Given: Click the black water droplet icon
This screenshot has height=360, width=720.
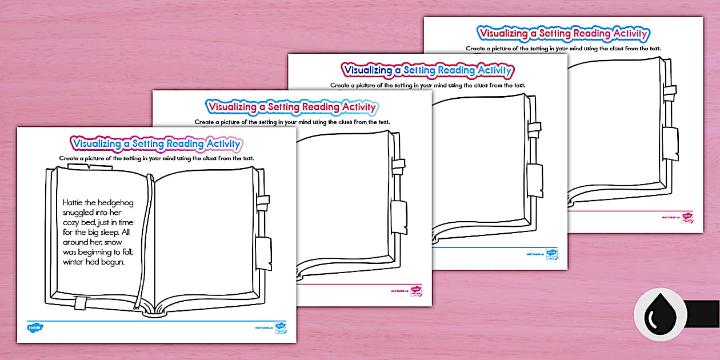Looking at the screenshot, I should [660, 315].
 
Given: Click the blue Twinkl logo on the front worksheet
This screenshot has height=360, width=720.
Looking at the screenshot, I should [35, 327].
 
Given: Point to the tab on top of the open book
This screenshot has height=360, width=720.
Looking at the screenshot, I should [90, 166].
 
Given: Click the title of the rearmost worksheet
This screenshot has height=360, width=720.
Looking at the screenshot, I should [564, 33].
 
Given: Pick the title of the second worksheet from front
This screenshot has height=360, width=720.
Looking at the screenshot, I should [291, 106].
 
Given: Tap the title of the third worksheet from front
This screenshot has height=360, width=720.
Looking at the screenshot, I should [427, 70].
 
